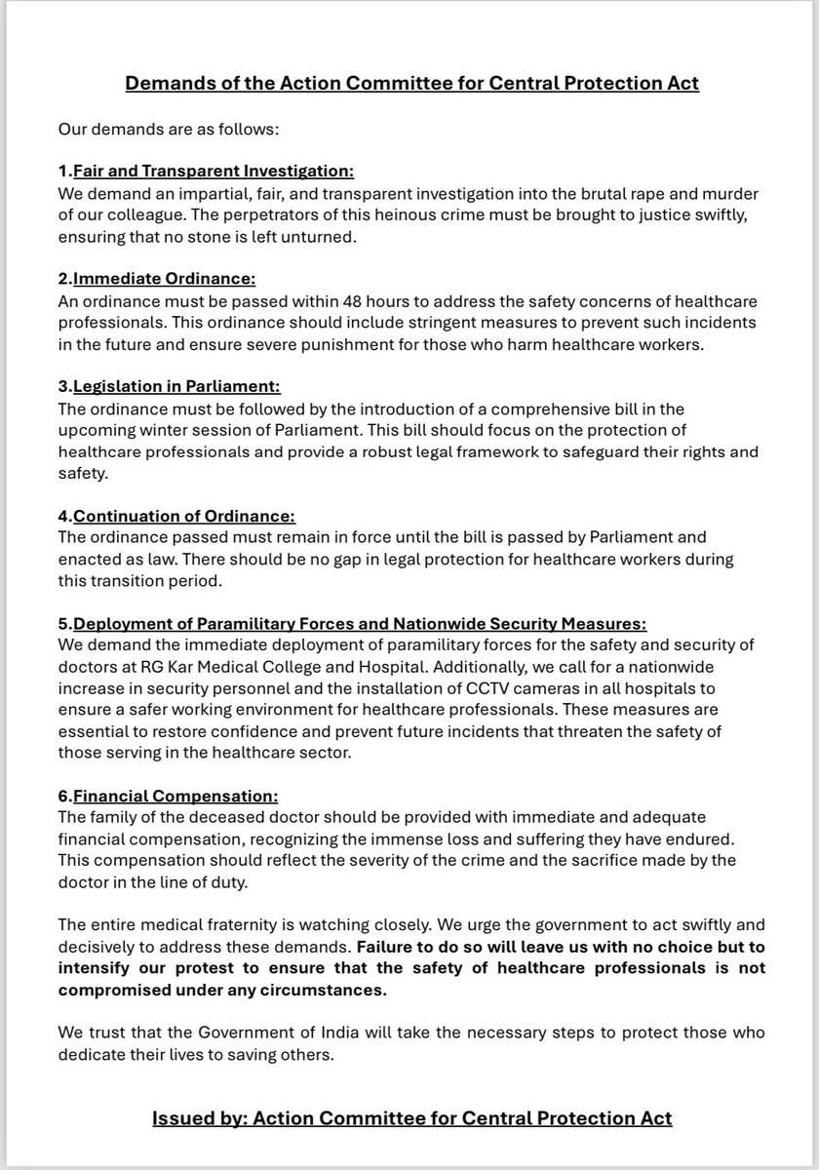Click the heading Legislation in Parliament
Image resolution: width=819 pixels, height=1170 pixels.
coord(175,387)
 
